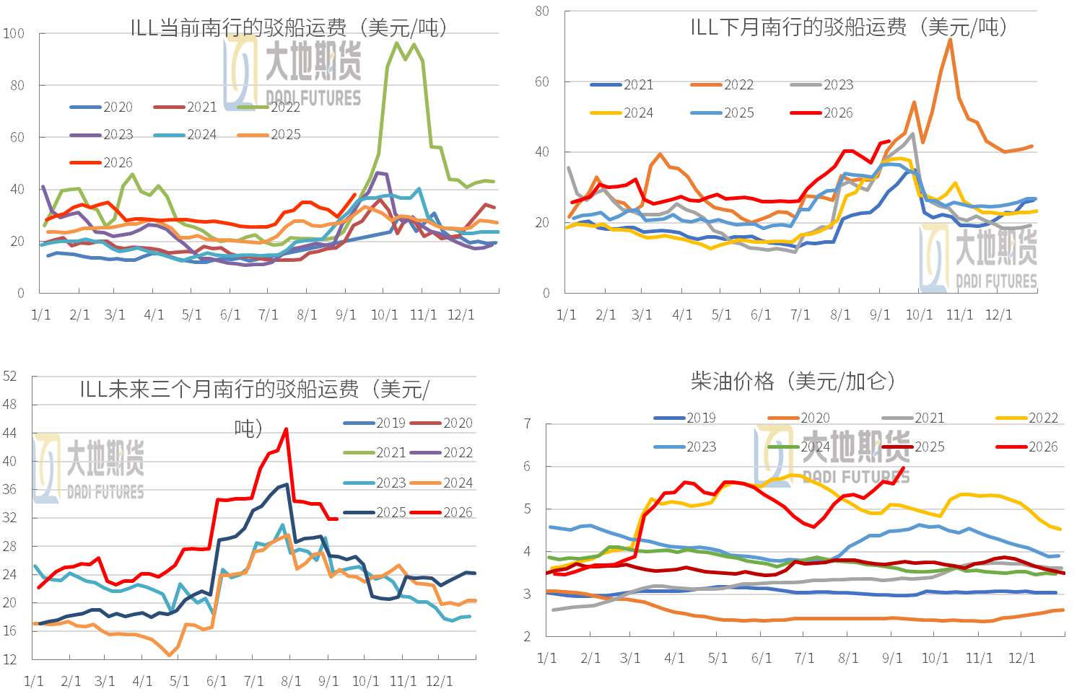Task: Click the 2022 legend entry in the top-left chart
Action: [269, 107]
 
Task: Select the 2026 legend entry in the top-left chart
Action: [101, 163]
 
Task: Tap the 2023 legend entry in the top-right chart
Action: [821, 85]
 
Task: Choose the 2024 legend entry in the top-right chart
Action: [621, 113]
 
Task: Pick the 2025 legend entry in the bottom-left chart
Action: [375, 512]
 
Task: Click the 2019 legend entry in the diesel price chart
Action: [684, 418]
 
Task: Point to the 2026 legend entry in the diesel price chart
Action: [1026, 447]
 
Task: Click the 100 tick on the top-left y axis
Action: [14, 34]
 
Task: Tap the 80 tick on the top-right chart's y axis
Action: [542, 11]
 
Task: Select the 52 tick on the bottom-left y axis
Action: [9, 376]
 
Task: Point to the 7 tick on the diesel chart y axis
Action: [528, 424]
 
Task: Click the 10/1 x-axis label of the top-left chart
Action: [384, 315]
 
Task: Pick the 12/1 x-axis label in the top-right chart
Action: [998, 315]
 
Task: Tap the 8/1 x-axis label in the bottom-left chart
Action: [291, 681]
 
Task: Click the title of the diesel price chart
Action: [793, 382]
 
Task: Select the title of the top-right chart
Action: [849, 27]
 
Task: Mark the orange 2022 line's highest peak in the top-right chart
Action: [950, 39]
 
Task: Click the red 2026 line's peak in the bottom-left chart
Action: [287, 428]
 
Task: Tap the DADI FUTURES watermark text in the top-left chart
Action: [313, 98]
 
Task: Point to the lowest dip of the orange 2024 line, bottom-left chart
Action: [169, 655]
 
